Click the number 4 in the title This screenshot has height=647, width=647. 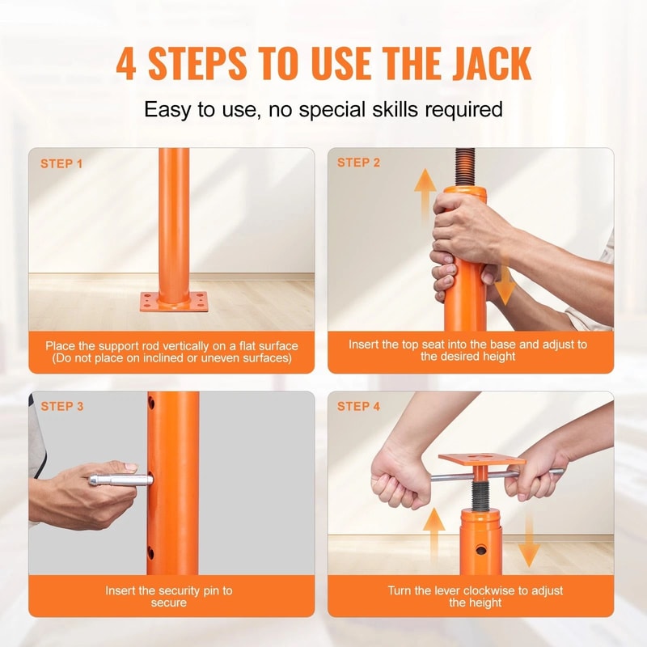[126, 64]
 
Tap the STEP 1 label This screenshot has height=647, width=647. [61, 164]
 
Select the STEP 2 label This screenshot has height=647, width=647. [358, 163]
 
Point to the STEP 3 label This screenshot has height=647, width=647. [61, 406]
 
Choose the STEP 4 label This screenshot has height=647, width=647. [358, 406]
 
